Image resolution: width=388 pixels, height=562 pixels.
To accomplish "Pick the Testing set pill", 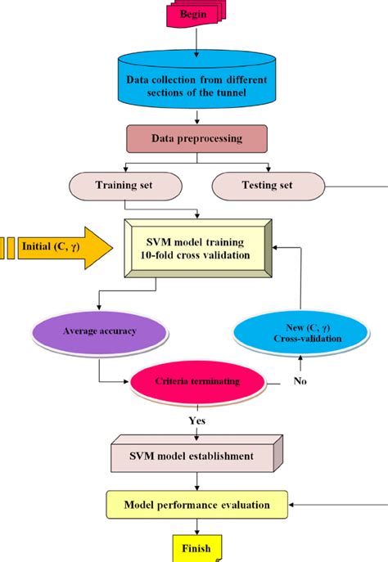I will point(267,186).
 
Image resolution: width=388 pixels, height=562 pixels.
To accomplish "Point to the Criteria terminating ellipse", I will point(198,382).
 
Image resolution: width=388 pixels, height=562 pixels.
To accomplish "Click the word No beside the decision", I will point(301,380).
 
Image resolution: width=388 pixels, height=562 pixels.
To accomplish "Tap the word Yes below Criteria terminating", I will point(196,420).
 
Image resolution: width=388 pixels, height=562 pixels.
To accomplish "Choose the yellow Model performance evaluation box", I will point(196,505).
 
